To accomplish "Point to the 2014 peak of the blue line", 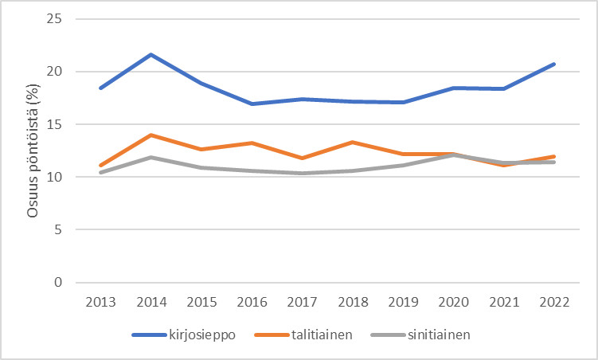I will [x=151, y=54].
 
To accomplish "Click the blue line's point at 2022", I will [x=554, y=64].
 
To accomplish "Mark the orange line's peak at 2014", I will [x=151, y=135].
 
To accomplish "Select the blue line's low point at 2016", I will [x=252, y=104].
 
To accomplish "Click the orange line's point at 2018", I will [x=353, y=142].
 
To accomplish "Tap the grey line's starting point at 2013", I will [x=101, y=172].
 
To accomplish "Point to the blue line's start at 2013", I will [x=101, y=88].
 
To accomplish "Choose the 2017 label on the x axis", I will [x=303, y=303].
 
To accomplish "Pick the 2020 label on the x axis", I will [x=454, y=303].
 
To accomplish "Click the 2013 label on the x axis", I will [x=101, y=303].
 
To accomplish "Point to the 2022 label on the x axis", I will [x=554, y=303].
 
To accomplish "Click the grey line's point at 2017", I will [x=303, y=173].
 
